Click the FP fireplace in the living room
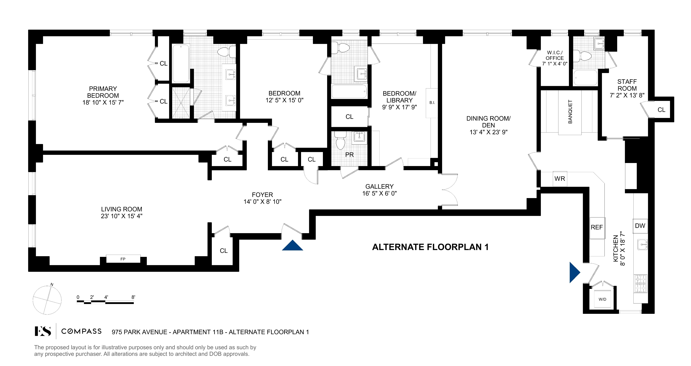click(123, 259)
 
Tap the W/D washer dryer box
click(602, 299)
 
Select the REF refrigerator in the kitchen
click(597, 227)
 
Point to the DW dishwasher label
click(640, 226)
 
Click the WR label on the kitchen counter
click(560, 179)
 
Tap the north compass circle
click(47, 300)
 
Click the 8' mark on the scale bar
click(133, 297)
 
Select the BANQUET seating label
click(570, 112)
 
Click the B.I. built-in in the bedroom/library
click(432, 103)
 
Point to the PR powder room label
click(349, 155)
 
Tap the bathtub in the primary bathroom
click(181, 64)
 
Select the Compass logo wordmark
click(81, 331)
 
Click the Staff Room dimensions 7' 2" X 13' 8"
click(627, 95)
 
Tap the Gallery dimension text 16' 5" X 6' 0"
click(379, 193)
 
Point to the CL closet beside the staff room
click(661, 110)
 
